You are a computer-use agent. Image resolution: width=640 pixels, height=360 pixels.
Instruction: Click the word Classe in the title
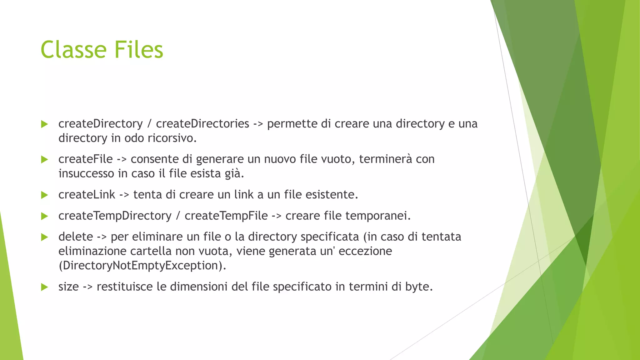coord(74,50)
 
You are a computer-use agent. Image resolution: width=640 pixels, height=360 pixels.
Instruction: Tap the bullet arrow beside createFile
coord(44,160)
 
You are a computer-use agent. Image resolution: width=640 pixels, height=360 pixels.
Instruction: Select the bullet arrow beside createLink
coord(44,195)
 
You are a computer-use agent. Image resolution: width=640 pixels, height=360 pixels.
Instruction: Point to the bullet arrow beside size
coord(44,287)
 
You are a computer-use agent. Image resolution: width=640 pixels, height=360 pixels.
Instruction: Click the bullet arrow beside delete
coord(44,237)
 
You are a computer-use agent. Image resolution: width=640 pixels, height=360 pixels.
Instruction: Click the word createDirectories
coord(202,124)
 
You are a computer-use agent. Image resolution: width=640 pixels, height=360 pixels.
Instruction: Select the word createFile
coord(85,159)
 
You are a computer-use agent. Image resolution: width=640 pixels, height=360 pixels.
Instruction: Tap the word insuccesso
coord(86,173)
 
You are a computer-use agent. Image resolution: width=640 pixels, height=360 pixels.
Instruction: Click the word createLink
coord(87,195)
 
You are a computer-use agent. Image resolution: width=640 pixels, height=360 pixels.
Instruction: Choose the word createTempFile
coord(226,216)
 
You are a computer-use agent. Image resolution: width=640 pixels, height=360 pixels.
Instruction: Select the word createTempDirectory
coord(115,216)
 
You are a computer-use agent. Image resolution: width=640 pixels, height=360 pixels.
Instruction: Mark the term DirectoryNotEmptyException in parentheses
coord(142,266)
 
